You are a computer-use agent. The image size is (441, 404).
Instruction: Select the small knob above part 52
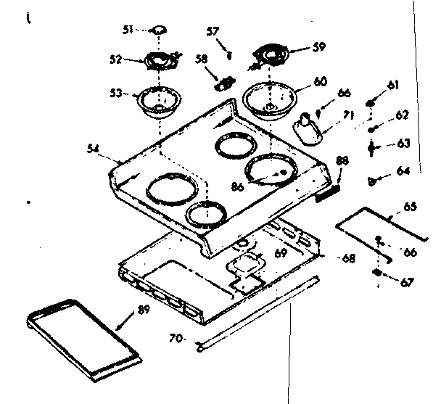[158, 30]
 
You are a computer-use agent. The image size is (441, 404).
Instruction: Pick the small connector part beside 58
[223, 81]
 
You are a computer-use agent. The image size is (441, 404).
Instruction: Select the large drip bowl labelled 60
[271, 98]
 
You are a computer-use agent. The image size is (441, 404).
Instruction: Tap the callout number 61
[393, 86]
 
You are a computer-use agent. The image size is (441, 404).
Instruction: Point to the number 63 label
[403, 143]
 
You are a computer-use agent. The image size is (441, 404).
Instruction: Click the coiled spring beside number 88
[329, 191]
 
